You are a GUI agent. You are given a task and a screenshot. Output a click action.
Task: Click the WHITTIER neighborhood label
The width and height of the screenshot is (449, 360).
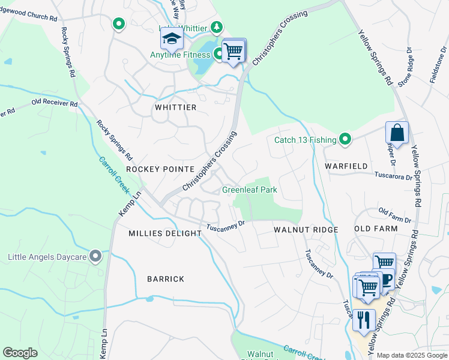click(175, 107)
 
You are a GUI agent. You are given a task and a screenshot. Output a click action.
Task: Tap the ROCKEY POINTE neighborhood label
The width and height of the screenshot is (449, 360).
click(160, 169)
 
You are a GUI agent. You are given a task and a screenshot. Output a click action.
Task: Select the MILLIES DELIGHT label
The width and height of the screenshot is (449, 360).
click(165, 233)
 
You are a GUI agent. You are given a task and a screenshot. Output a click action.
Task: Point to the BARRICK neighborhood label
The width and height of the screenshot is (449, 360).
click(165, 279)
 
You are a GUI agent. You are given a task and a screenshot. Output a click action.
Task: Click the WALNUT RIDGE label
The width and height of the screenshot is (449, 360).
click(306, 230)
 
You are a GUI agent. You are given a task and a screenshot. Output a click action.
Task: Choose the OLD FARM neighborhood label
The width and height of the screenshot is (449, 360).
click(376, 229)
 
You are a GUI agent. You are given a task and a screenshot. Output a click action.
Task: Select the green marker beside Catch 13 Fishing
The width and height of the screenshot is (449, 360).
click(345, 140)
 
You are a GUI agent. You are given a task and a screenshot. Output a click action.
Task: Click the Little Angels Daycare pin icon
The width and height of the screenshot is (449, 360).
click(95, 257)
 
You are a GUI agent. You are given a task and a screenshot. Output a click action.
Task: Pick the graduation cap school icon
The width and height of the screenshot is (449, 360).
click(171, 38)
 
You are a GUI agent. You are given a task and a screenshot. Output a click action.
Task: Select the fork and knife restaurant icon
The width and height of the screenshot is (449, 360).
click(364, 319)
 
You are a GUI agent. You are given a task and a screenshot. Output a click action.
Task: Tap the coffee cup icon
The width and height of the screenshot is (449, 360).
click(386, 279)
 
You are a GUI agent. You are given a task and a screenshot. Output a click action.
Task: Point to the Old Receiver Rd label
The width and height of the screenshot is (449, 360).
click(55, 104)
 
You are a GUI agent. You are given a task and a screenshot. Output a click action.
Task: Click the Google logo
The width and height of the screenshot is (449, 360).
click(20, 352)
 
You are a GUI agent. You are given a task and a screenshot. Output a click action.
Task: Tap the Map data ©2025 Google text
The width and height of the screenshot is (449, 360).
click(411, 355)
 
